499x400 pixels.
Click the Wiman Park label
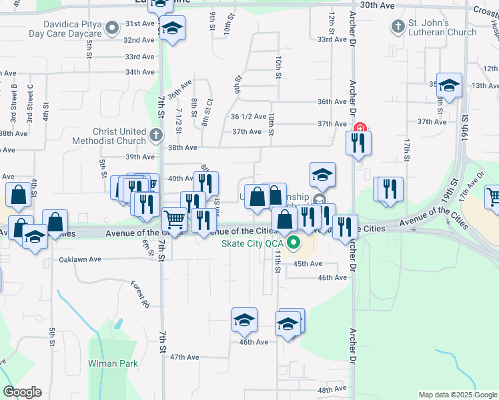pos(113,363)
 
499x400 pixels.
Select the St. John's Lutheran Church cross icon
pos(398,27)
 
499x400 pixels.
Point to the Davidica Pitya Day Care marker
pos(113,27)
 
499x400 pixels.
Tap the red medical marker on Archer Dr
pos(360,128)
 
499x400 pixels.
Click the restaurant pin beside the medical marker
pos(359,143)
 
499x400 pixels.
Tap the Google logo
pos(22,392)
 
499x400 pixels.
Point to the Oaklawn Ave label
pos(79,259)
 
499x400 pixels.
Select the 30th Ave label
pos(374,5)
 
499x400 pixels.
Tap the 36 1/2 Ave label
pos(248,116)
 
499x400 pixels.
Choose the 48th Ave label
pos(332,390)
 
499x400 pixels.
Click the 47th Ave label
pos(185,357)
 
